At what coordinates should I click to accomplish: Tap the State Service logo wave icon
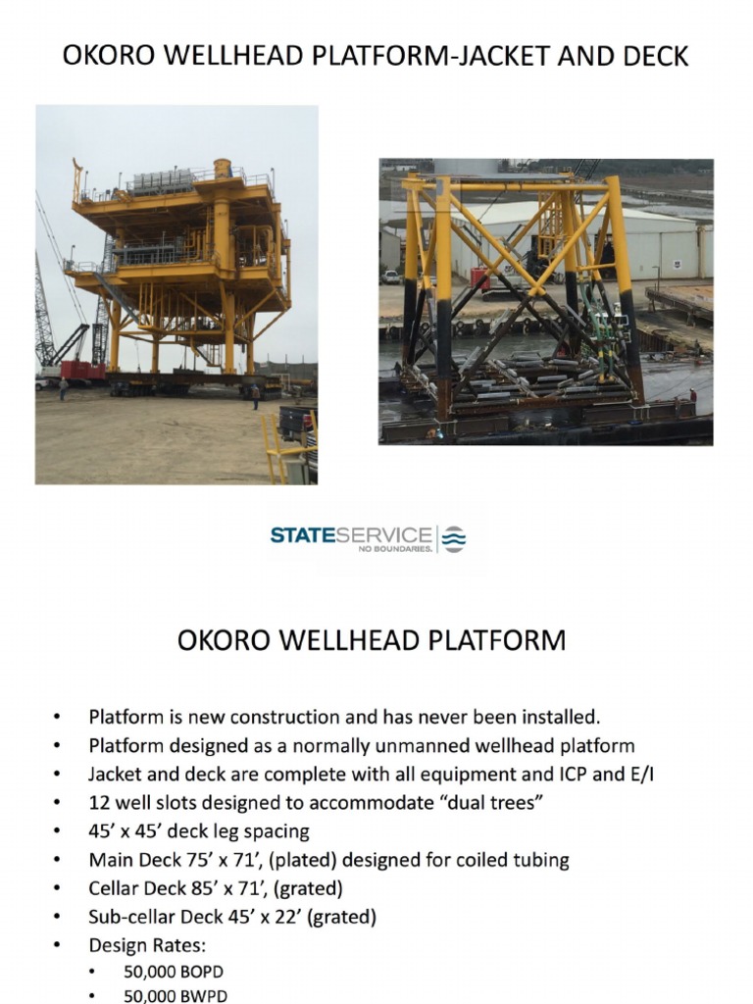tap(454, 538)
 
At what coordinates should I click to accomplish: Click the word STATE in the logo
tap(302, 535)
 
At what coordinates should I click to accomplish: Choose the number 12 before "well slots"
tap(99, 803)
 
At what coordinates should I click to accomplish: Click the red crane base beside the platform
tap(82, 372)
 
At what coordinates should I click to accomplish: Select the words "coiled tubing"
tap(516, 860)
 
